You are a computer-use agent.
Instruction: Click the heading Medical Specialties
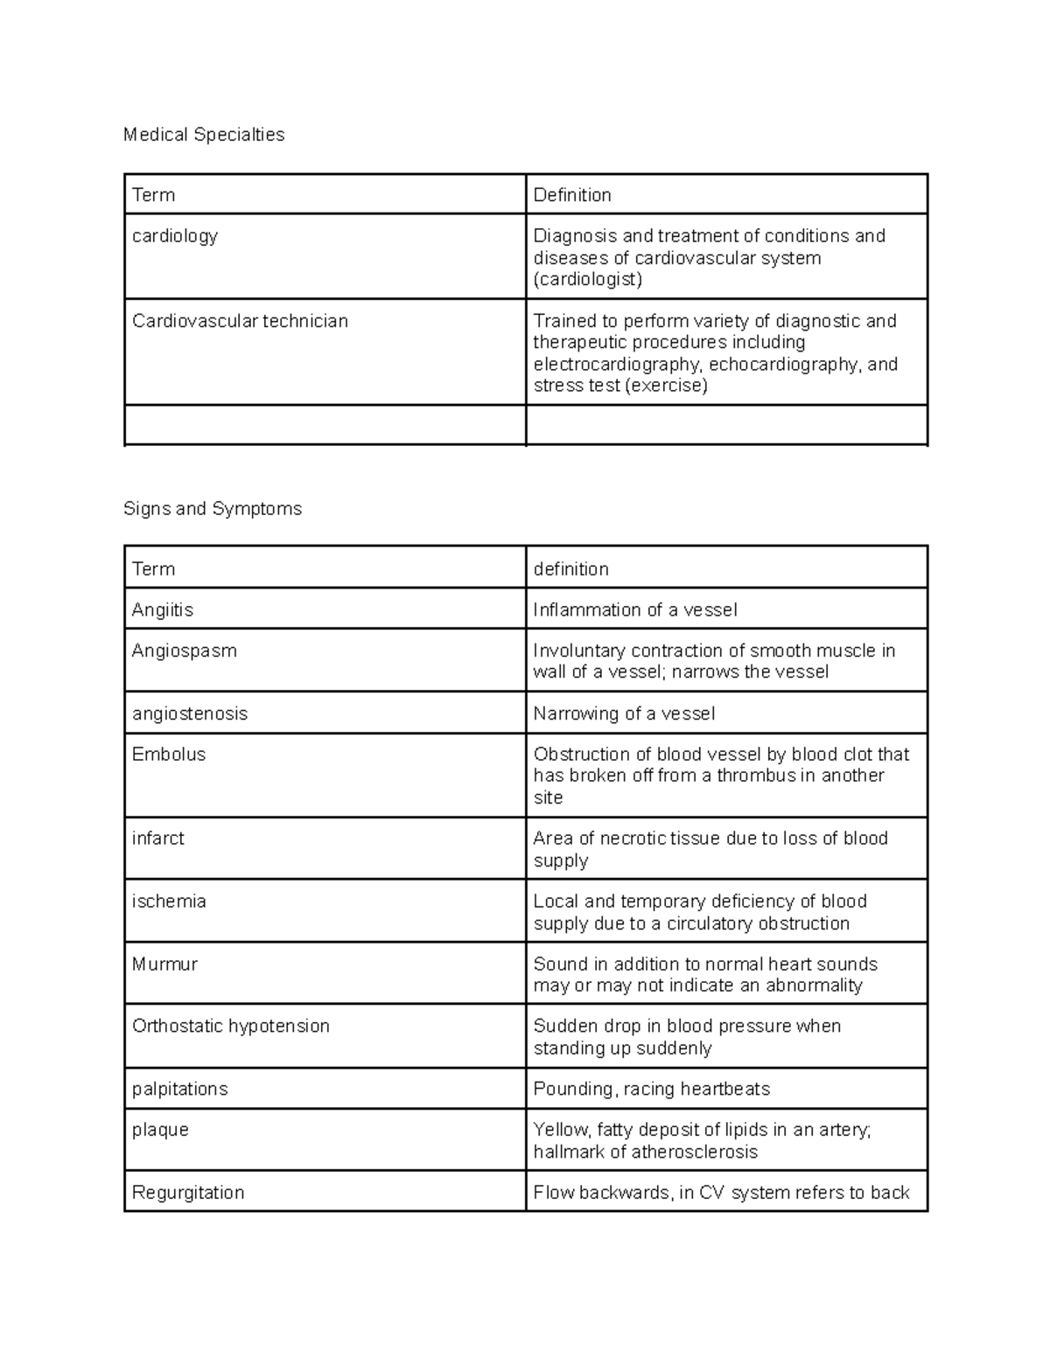coord(204,135)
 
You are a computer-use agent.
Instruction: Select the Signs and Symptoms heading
coord(213,509)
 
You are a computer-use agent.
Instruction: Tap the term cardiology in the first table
coord(175,236)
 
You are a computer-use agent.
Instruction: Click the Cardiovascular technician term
coord(240,321)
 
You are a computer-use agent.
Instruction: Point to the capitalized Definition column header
coord(572,195)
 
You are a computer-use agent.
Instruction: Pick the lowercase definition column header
coord(570,569)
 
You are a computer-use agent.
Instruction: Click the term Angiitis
coord(163,609)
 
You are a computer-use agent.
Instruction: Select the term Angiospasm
coord(185,651)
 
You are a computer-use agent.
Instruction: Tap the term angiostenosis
coord(190,714)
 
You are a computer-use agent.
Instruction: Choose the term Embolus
coord(169,754)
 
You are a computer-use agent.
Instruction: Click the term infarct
coord(158,838)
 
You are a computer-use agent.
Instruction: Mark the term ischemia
coord(169,901)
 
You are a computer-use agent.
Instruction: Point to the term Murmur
coord(164,964)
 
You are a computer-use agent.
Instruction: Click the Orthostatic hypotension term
coord(231,1026)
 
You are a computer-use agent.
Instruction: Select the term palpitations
coord(179,1089)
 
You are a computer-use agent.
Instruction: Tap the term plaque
coord(160,1130)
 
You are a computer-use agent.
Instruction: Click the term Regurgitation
coord(188,1193)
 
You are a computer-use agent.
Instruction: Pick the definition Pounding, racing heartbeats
coord(652,1089)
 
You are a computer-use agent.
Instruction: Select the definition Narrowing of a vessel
coord(624,714)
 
